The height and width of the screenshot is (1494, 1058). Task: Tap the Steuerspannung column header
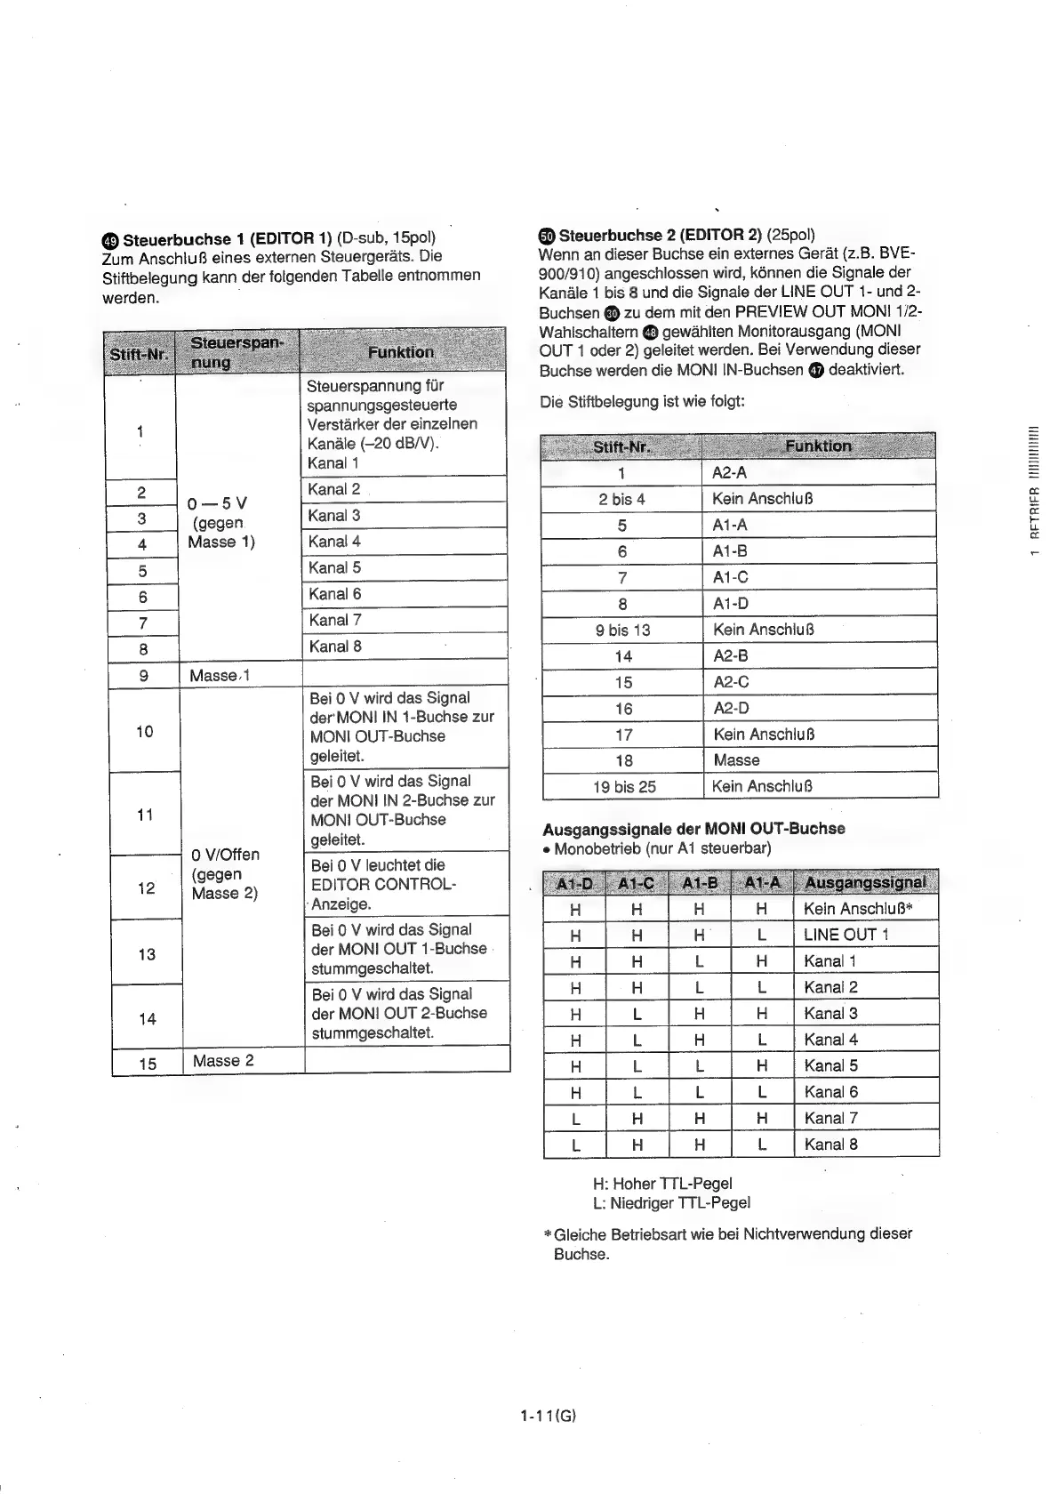236,351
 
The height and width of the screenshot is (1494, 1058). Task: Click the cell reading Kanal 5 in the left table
334,567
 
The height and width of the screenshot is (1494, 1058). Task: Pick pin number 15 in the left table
147,1062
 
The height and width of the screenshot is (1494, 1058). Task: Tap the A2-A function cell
729,472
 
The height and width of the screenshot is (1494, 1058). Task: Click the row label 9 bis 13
622,630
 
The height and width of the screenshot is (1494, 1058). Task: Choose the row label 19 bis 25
623,786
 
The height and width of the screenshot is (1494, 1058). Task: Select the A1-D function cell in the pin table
731,603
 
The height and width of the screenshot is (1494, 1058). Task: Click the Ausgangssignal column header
864,882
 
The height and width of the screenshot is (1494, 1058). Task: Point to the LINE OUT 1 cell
846,935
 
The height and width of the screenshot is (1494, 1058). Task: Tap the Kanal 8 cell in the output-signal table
830,1145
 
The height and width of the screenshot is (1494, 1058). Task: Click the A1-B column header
699,883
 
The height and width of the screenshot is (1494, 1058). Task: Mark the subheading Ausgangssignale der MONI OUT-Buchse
693,828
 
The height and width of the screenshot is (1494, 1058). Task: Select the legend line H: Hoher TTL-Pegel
662,1184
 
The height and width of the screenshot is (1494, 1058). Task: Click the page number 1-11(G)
549,1416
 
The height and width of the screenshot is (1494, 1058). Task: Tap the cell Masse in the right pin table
736,760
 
